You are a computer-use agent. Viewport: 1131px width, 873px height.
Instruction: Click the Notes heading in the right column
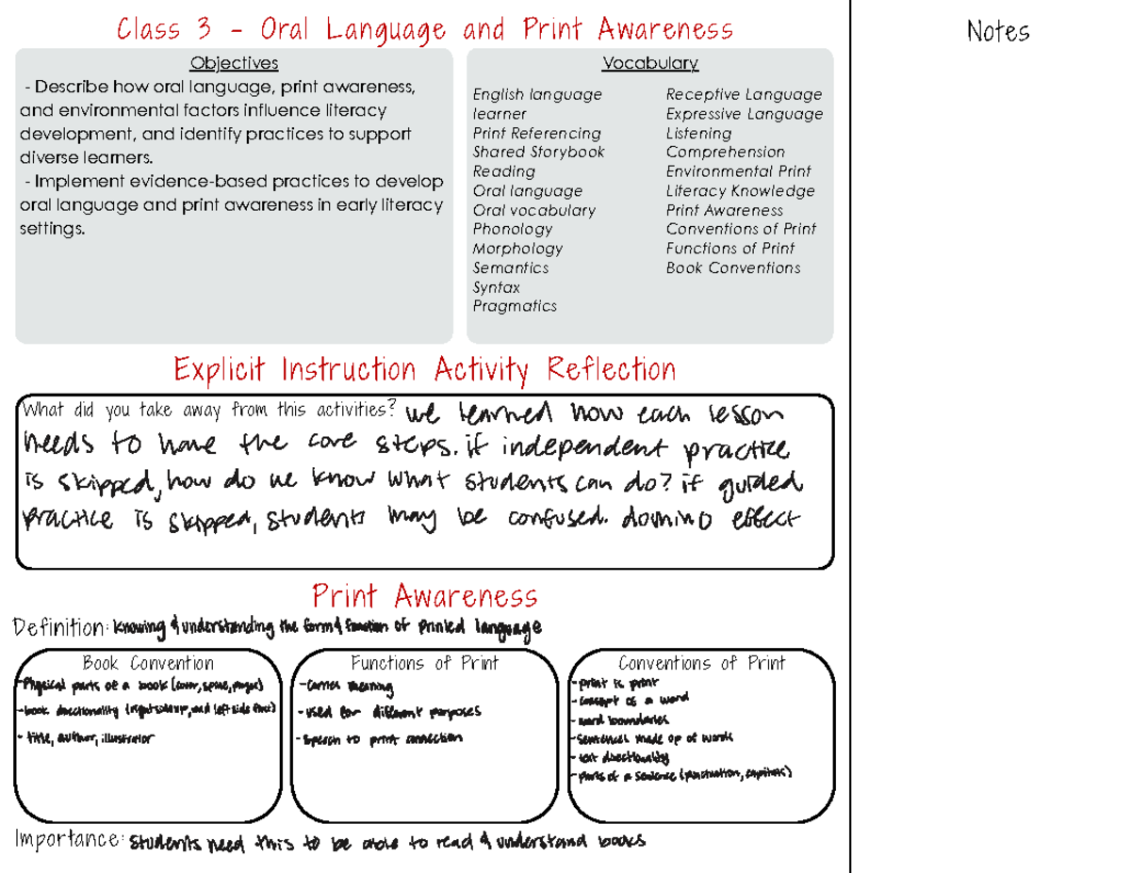tap(998, 33)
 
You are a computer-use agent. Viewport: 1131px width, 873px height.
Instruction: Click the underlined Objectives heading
tap(234, 63)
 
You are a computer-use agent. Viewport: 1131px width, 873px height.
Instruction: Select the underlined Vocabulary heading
tap(650, 63)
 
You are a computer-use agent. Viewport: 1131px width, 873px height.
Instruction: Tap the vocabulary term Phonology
tap(513, 229)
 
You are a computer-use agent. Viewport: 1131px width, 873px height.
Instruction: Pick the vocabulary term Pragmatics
tap(515, 306)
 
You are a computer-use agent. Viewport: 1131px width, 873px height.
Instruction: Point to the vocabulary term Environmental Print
tap(738, 171)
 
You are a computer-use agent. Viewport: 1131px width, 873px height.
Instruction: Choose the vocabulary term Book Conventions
tap(733, 267)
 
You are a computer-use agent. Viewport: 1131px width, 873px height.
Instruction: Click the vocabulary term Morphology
tap(517, 249)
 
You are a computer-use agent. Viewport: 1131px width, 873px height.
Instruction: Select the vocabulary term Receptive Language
tap(744, 94)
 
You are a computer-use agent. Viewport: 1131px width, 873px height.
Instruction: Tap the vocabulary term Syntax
tap(496, 287)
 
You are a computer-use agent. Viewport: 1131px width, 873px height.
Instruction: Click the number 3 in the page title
tap(203, 30)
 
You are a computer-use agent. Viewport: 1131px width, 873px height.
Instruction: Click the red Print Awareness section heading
tap(424, 596)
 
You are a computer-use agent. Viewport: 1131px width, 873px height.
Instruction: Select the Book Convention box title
tap(148, 663)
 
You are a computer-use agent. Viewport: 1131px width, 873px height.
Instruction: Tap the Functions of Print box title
tap(424, 663)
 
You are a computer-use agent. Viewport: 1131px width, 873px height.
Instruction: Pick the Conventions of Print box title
tap(701, 663)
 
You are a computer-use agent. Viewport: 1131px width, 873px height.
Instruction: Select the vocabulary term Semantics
tap(511, 267)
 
